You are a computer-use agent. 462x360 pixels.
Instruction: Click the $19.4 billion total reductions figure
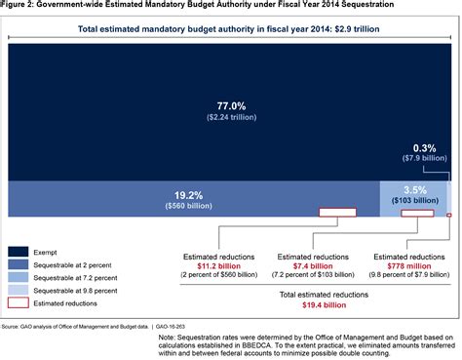(313, 304)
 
